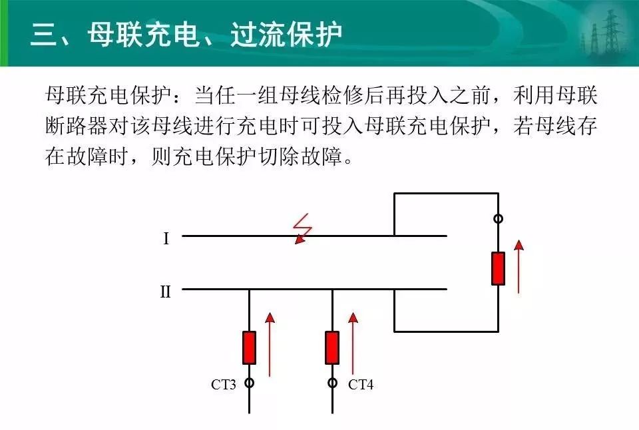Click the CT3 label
coord(224,384)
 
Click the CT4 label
coord(361,384)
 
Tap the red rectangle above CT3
coord(250,347)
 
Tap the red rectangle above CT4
coord(332,347)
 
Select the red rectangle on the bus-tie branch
coord(498,269)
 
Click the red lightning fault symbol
coord(302,229)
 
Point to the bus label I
coord(166,238)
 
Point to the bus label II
coord(165,292)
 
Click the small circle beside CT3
coord(250,383)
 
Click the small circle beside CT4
coord(333,383)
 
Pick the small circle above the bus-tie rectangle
coord(498,219)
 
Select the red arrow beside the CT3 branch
coord(270,344)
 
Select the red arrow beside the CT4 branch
coord(353,343)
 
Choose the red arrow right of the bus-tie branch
coord(519,266)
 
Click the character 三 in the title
coord(45,34)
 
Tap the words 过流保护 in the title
coord(286,34)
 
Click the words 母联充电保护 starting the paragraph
coord(108,95)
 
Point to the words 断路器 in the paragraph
coord(76,126)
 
